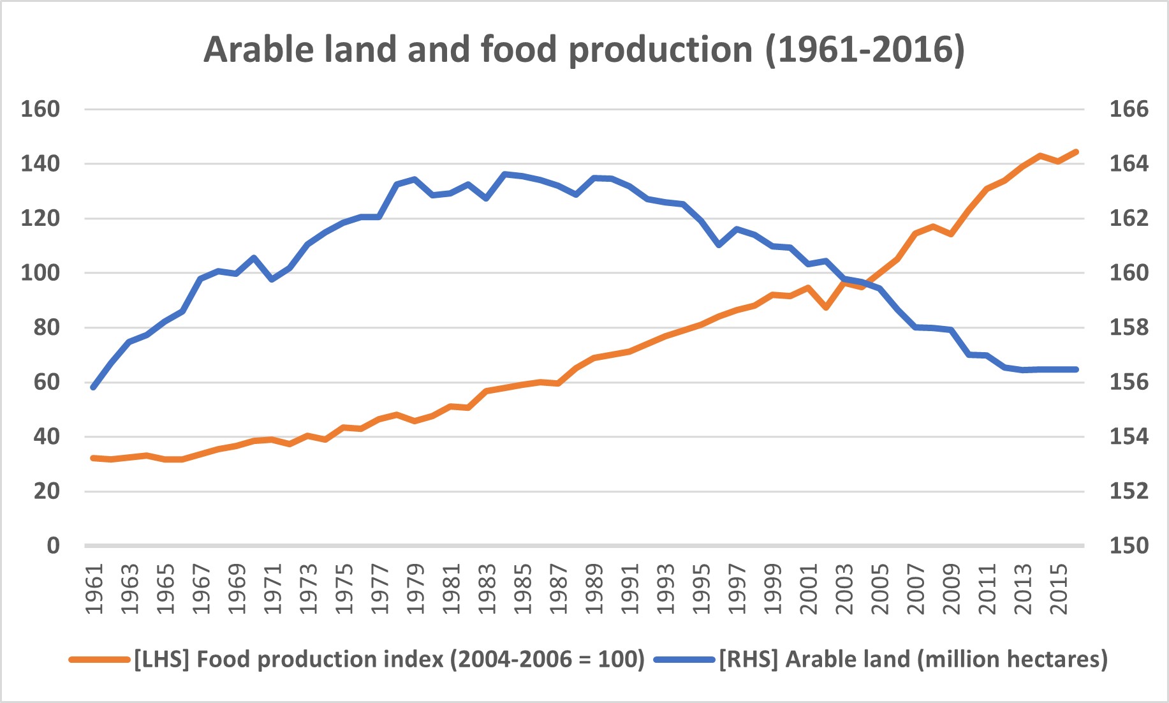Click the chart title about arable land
[x=584, y=50]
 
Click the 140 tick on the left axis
[x=40, y=164]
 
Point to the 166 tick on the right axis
[x=1128, y=109]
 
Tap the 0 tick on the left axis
[x=53, y=545]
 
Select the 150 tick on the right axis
[x=1128, y=545]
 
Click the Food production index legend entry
[x=389, y=659]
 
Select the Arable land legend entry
[x=913, y=659]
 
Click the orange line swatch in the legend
[x=99, y=660]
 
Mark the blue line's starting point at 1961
[x=94, y=387]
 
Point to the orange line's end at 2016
[x=1077, y=152]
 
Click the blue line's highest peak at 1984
[x=504, y=174]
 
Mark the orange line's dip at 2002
[x=826, y=307]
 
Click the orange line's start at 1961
[x=94, y=458]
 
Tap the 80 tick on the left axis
[x=47, y=327]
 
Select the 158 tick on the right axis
[x=1128, y=327]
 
